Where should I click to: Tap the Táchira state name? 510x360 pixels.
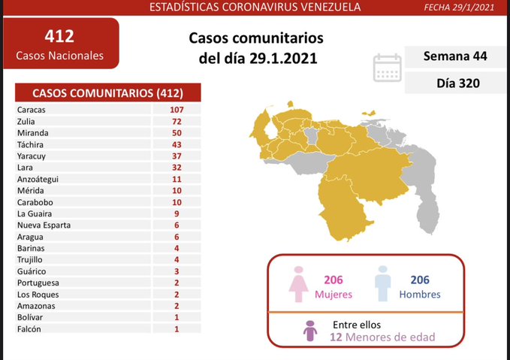click(29, 144)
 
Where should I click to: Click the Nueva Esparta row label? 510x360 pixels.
click(44, 225)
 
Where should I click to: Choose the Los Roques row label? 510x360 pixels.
click(38, 295)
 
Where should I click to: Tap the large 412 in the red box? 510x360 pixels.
click(60, 35)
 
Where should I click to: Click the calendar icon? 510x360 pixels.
click(386, 68)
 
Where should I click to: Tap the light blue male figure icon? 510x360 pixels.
click(382, 284)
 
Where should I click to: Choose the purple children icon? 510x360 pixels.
click(308, 331)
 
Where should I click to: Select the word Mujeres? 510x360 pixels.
click(333, 294)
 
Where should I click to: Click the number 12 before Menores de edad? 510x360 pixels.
click(336, 338)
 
